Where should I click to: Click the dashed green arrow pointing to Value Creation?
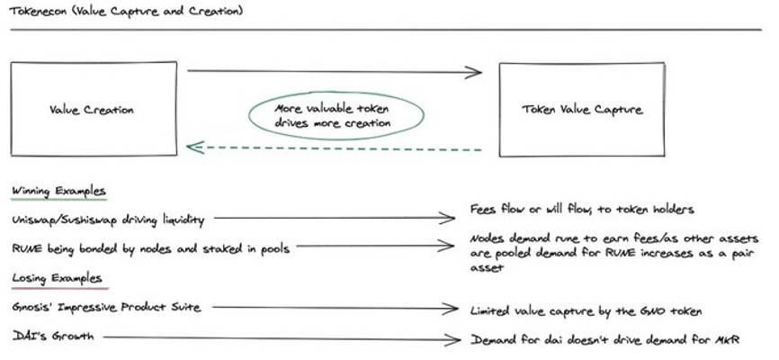pos(333,148)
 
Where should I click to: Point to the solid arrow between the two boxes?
pos(333,71)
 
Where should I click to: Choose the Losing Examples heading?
pos(57,278)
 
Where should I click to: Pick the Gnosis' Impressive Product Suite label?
pos(105,308)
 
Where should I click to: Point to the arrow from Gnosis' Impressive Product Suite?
pos(333,309)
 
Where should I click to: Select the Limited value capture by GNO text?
pos(586,310)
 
